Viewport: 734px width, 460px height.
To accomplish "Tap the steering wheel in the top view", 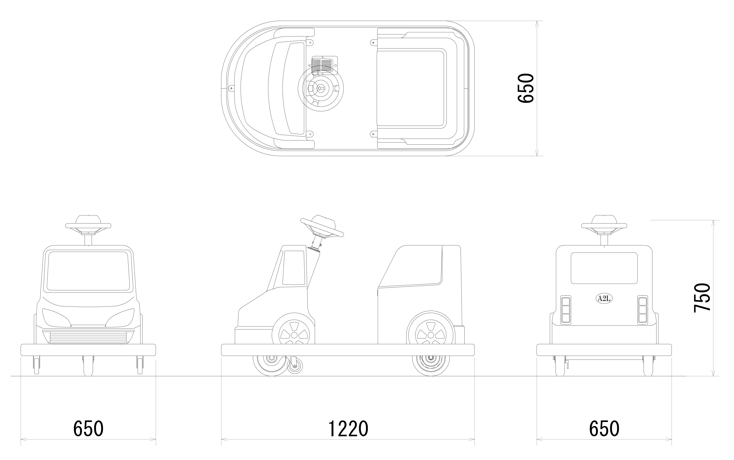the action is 321,88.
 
